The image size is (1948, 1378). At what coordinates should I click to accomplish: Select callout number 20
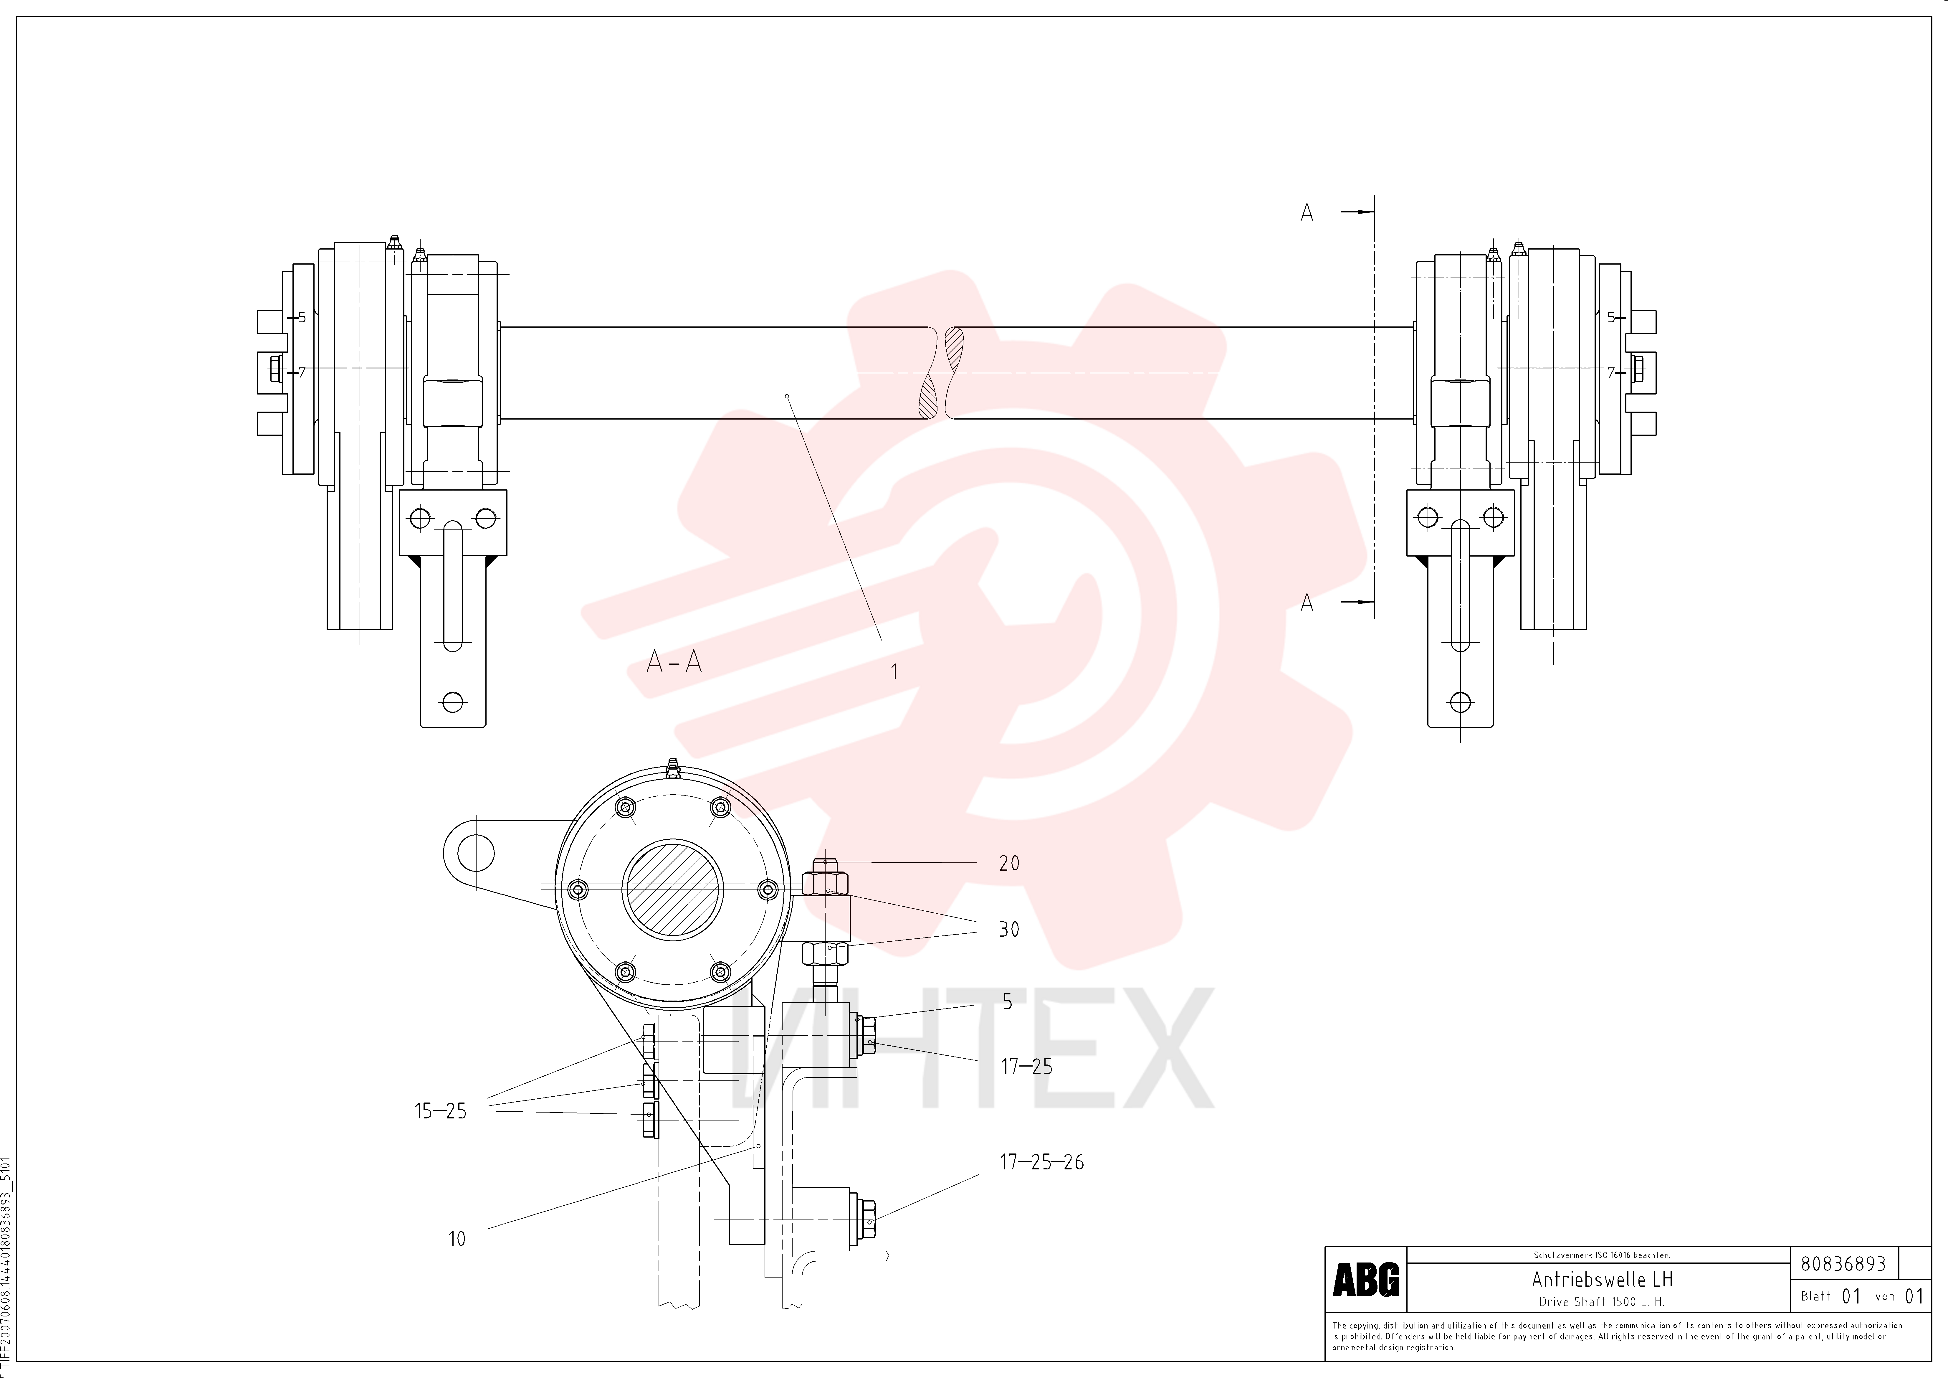[x=1009, y=863]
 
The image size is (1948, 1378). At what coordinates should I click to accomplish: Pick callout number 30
[x=1009, y=929]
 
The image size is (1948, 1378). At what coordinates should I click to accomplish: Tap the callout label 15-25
[x=440, y=1111]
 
